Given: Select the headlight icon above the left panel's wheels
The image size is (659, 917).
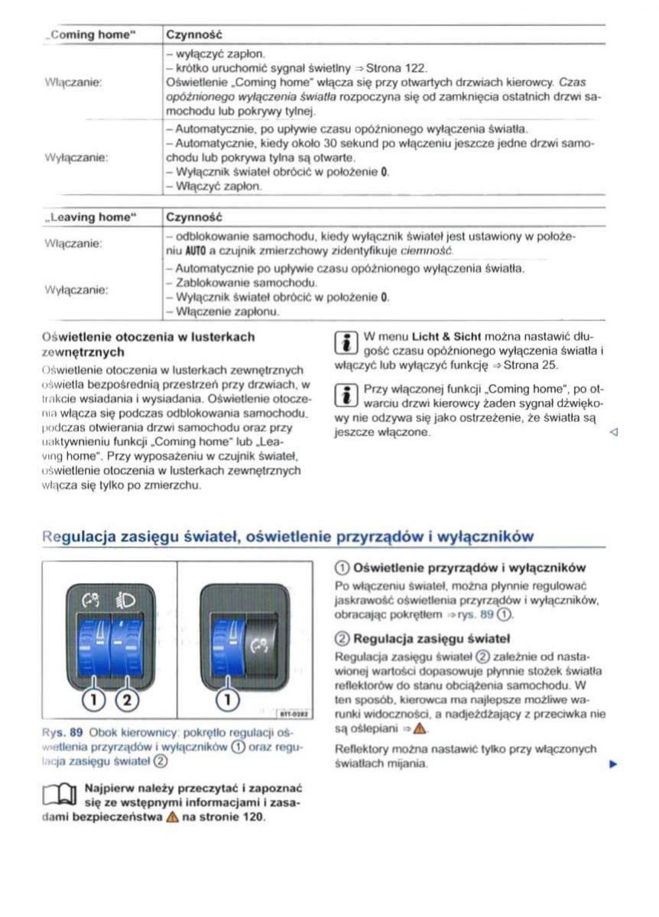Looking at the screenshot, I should point(125,601).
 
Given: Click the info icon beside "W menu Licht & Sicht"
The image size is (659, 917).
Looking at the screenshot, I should point(344,343).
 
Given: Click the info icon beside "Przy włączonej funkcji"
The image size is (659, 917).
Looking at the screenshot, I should point(344,395).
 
